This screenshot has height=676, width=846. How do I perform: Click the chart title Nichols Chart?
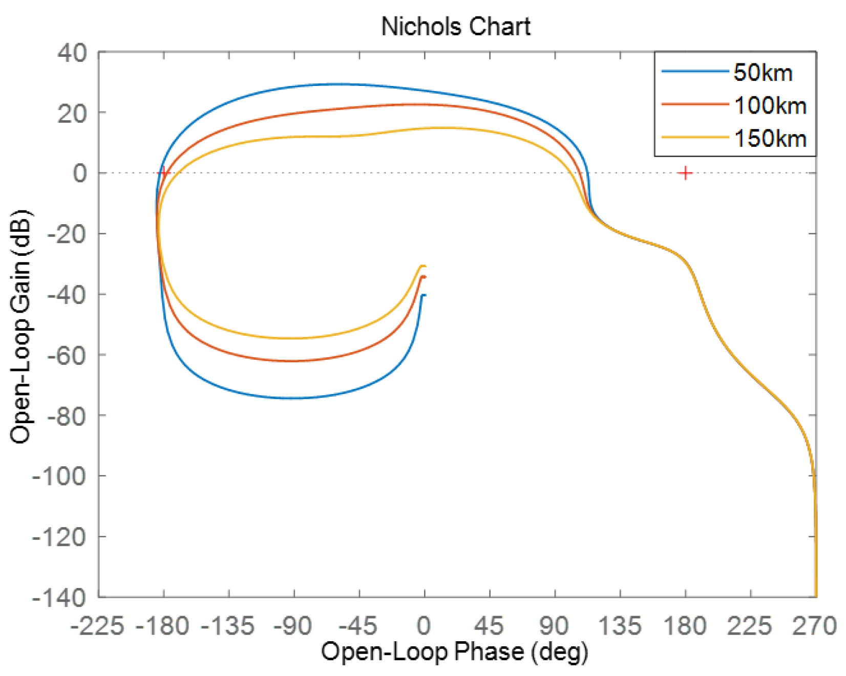[455, 26]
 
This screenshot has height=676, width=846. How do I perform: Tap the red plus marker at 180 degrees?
[685, 173]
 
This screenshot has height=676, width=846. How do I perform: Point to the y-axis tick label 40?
[72, 53]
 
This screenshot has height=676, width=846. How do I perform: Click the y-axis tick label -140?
[59, 597]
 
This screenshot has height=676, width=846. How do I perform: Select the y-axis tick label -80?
[67, 416]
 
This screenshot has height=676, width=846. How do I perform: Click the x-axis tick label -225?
[97, 626]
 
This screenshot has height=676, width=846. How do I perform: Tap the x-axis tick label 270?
[814, 626]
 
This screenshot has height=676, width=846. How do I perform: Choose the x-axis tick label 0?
[424, 626]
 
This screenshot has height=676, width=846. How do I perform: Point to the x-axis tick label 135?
[620, 626]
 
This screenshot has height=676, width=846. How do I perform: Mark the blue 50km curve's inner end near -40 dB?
[423, 295]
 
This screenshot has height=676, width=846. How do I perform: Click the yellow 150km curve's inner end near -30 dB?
[423, 266]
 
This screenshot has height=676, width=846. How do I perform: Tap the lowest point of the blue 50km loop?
[294, 398]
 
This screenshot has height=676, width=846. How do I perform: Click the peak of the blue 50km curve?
[335, 84]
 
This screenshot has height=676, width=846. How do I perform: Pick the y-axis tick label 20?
[72, 113]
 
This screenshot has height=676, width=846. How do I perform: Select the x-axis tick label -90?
[292, 626]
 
